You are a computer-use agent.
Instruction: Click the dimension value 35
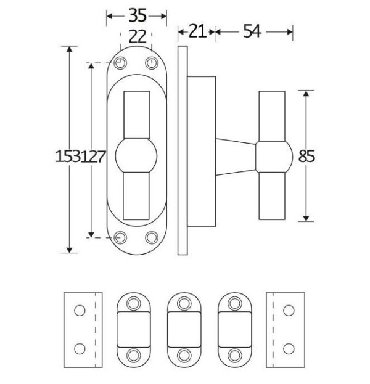138,15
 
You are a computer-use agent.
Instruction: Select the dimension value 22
138,37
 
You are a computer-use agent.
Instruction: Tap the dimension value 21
197,31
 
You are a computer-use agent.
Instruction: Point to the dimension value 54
252,31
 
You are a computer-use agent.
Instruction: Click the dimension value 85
306,156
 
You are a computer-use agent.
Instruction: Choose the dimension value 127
93,156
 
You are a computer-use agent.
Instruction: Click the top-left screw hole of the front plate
120,63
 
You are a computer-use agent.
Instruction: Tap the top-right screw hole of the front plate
152,63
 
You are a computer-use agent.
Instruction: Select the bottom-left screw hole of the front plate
120,237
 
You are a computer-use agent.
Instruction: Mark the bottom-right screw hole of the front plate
152,237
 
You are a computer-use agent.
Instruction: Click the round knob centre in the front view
136,155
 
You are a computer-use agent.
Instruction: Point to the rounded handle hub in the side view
274,157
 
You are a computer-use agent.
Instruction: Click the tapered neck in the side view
236,157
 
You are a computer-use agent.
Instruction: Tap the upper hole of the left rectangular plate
80,311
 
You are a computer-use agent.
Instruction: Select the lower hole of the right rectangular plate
289,349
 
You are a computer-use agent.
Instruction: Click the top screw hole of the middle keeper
184,304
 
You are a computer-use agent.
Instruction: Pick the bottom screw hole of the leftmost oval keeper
134,355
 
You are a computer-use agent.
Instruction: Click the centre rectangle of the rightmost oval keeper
235,329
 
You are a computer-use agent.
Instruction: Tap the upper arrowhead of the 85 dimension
306,93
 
